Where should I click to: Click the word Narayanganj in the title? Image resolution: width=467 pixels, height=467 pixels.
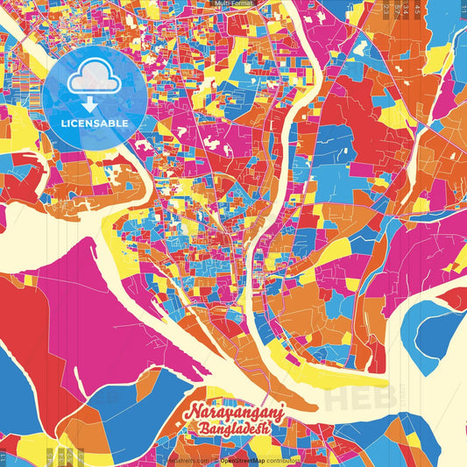click(234, 414)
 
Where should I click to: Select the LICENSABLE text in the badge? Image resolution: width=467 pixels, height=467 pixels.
click(95, 123)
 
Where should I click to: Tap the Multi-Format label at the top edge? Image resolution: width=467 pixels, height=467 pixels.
click(233, 4)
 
